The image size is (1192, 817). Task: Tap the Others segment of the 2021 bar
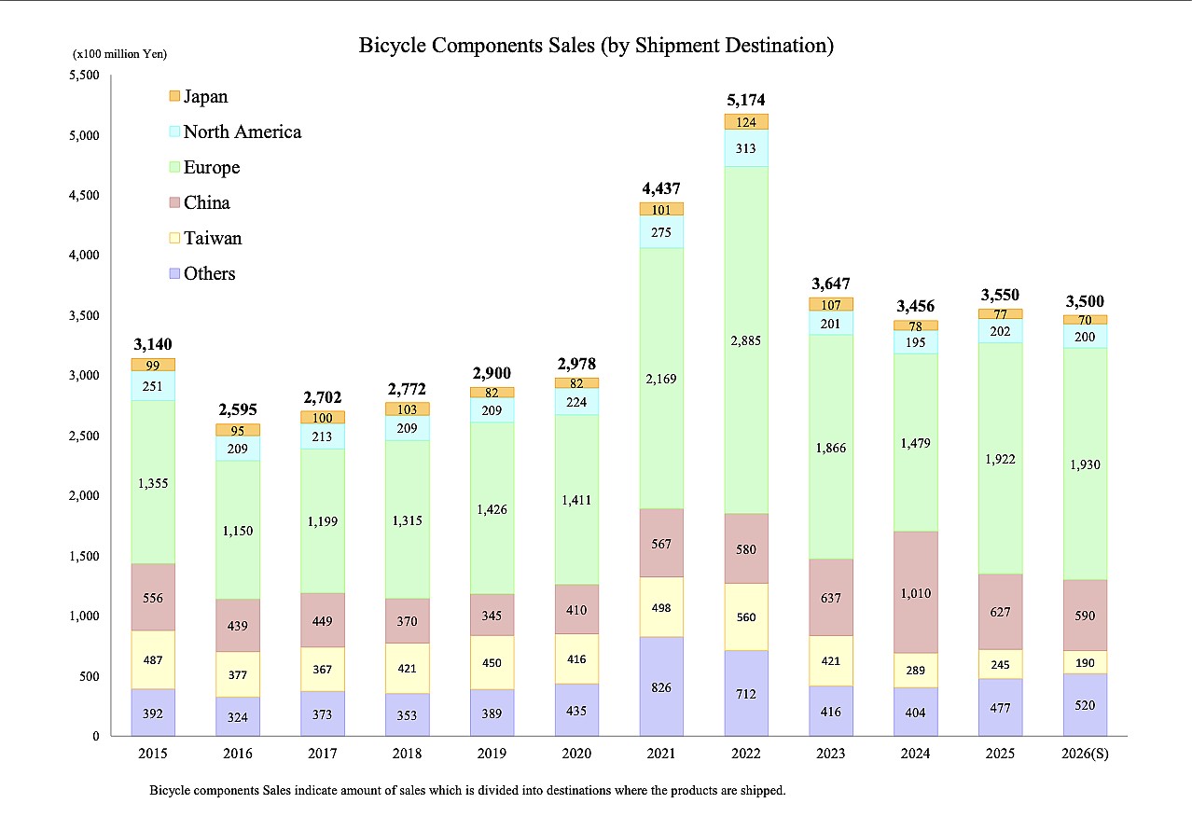click(661, 686)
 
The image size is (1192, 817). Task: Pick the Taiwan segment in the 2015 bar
click(153, 659)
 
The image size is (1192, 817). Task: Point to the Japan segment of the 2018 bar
click(407, 408)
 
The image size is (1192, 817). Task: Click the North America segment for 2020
click(576, 401)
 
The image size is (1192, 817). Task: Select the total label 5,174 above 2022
click(746, 100)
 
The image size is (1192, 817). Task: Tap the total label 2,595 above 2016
click(238, 409)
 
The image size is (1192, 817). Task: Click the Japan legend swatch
click(173, 97)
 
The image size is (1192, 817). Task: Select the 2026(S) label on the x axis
click(1085, 753)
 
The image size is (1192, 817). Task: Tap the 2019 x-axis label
click(492, 753)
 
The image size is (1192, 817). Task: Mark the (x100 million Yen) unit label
click(120, 54)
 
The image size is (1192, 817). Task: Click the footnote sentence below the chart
click(467, 790)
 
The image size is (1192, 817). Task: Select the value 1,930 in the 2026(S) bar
click(1085, 464)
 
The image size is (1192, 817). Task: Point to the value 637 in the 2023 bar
click(831, 598)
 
